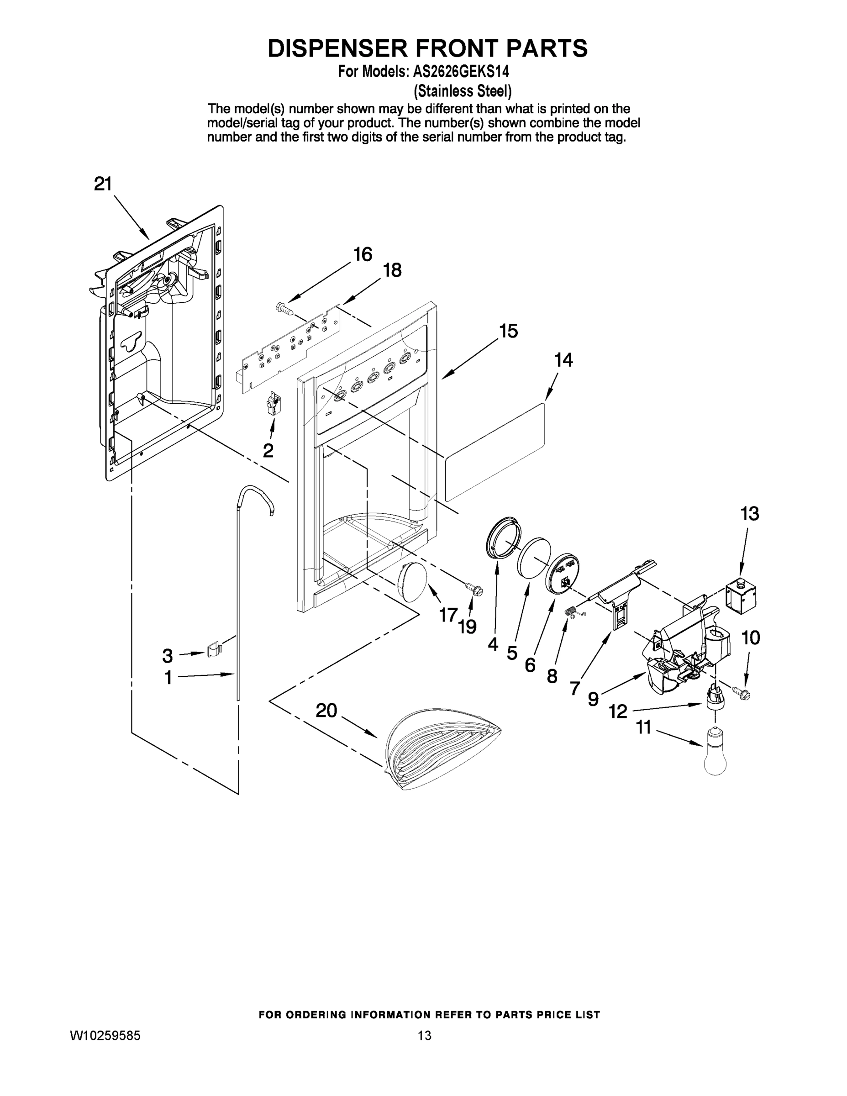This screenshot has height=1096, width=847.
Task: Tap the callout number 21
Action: click(103, 184)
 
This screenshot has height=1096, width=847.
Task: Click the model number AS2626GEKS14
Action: click(461, 72)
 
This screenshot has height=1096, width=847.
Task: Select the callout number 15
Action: click(508, 331)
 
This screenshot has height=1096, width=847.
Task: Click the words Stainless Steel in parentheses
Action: click(462, 91)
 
